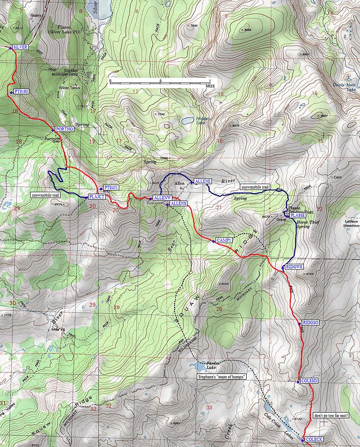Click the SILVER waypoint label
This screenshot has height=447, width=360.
pos(21,47)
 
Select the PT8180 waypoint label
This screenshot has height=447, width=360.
pos(22,91)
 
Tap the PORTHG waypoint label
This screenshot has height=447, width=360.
pos(64,129)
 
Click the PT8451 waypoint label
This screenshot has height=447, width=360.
pos(111,187)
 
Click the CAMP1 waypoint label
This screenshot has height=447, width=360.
pos(224,240)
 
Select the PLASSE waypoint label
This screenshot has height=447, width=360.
pos(298,216)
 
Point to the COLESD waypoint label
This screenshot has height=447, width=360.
pos(310,381)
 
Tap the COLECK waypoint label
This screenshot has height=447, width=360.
pos(314,439)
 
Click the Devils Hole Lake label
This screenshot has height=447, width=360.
pos(344,86)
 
